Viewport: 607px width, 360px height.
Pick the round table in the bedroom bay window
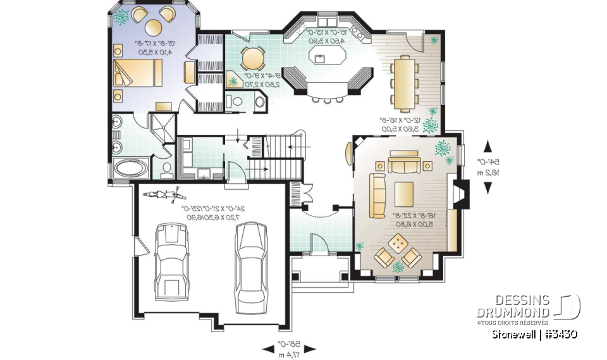(x=156, y=27)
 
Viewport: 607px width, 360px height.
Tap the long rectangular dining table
(x=403, y=83)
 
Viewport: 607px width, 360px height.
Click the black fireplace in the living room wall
(x=463, y=195)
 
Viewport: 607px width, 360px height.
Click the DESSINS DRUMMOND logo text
(x=513, y=306)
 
